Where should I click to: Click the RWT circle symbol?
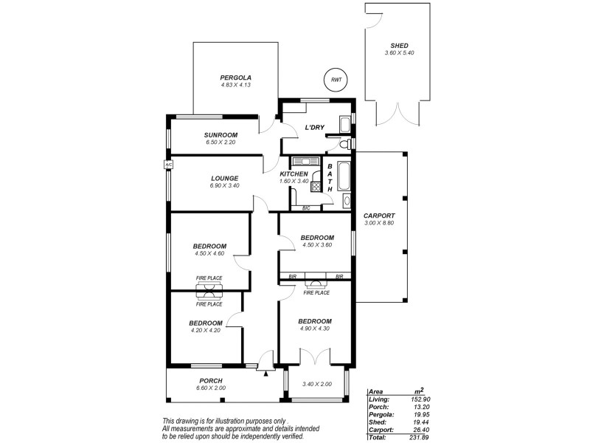(336, 79)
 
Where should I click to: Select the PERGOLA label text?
(236, 78)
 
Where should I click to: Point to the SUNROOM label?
(221, 134)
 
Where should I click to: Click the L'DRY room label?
(315, 128)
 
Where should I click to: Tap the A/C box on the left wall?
(167, 165)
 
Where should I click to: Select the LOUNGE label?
(223, 178)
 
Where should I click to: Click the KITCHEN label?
(293, 174)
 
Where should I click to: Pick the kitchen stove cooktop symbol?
(317, 187)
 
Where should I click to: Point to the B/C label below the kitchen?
(306, 208)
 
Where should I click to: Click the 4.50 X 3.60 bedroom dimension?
(317, 245)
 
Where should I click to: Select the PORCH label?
(211, 380)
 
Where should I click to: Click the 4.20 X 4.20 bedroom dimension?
(205, 331)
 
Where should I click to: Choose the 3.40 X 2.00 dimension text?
(318, 384)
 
